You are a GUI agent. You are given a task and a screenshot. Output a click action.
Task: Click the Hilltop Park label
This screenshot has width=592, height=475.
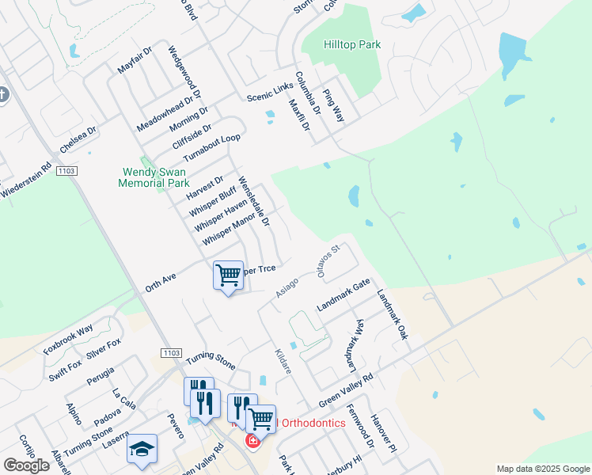tap(352, 44)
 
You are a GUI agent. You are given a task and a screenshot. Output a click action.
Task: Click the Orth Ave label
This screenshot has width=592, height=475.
tap(160, 280)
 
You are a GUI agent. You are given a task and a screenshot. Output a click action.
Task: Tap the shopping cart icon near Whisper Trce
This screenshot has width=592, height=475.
tap(228, 276)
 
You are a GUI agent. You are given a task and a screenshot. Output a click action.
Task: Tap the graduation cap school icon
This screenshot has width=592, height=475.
tap(142, 450)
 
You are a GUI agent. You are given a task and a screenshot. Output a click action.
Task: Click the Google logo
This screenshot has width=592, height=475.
tap(26, 465)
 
